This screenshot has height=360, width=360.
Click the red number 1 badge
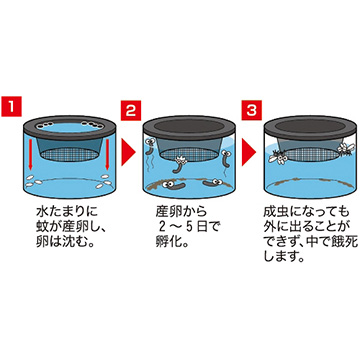point(12,106)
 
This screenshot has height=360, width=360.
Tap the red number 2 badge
point(131,110)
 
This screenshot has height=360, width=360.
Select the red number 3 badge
point(252,110)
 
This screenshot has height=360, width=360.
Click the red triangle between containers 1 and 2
point(128,153)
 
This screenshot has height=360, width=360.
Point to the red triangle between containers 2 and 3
point(249,153)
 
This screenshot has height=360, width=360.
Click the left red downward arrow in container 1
point(30,155)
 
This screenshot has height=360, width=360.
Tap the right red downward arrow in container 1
point(107,155)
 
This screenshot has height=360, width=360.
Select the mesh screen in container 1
point(69,155)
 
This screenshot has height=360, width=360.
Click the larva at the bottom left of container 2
point(174,184)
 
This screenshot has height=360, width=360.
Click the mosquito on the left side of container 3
point(277,158)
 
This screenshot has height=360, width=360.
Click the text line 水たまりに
point(67,211)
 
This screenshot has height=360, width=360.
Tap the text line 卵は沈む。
point(64,242)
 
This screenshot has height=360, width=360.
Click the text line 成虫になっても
point(305,211)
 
